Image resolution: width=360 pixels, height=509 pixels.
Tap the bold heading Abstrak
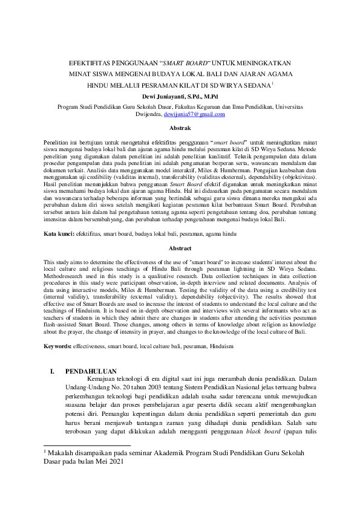pyautogui.click(x=180, y=129)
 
